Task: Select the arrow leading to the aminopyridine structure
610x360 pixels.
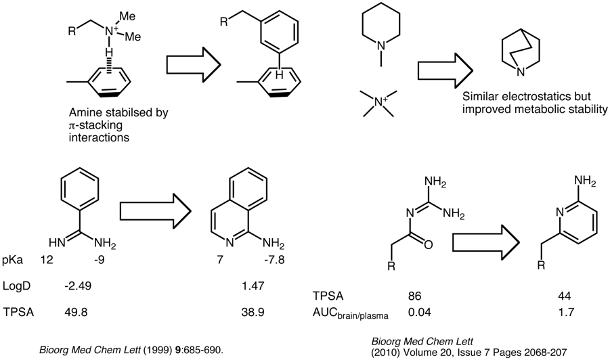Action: click(x=485, y=241)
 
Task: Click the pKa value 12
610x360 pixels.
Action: click(x=47, y=260)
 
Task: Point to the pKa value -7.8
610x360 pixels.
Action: click(x=263, y=260)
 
